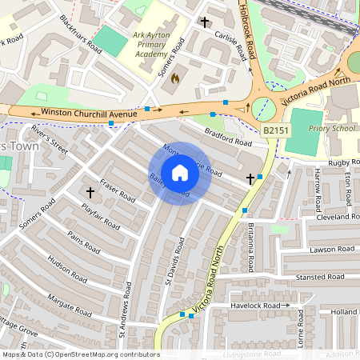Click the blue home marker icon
click(x=180, y=173)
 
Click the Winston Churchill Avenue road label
click(x=83, y=113)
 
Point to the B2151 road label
click(x=274, y=129)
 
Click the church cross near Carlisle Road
click(x=205, y=23)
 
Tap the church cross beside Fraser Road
click(x=90, y=193)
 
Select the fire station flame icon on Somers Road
click(x=177, y=78)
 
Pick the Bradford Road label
click(x=227, y=136)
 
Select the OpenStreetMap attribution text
click(x=80, y=354)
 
